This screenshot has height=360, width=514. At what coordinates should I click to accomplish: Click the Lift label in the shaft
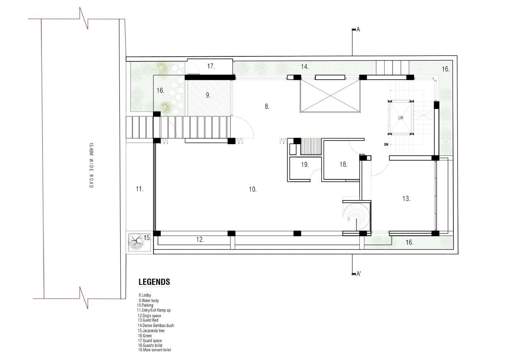point(401,118)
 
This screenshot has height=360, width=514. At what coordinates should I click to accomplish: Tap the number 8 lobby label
point(267,106)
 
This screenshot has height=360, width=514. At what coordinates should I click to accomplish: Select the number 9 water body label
point(208,95)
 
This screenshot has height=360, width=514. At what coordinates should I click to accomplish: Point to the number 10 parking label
point(252,189)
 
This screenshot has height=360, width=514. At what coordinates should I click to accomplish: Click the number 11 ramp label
point(140,189)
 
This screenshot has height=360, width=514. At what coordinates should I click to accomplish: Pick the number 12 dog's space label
point(200,239)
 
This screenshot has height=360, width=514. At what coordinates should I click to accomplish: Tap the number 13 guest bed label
point(406,198)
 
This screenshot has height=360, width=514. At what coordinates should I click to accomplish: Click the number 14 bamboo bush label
point(305,67)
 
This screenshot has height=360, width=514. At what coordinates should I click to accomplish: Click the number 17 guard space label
point(211,66)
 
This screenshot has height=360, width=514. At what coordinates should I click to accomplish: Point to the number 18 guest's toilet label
point(344,164)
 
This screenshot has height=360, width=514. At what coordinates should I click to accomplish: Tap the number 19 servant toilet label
point(305,164)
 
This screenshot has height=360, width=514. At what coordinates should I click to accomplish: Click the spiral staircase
point(356,217)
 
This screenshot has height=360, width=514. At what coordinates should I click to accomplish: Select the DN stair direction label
point(386,145)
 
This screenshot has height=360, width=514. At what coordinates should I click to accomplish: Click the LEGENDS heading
point(154,282)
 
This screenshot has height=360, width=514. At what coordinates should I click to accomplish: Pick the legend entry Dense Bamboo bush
point(156,325)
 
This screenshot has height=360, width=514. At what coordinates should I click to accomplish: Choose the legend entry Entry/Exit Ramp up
point(154,310)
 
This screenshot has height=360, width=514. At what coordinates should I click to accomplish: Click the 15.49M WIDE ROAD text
point(91,165)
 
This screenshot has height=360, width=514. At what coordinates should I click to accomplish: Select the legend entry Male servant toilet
point(155,350)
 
